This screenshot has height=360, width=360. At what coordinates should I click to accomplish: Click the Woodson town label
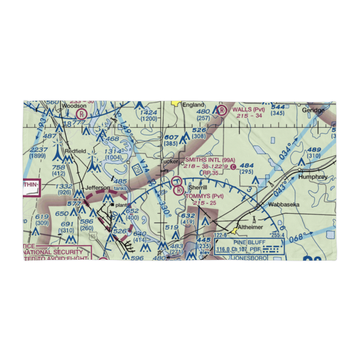74,106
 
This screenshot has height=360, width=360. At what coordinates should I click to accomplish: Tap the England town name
194,105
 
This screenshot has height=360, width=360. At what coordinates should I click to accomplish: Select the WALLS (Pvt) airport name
248,109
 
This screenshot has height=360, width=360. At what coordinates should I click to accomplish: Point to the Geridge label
313,110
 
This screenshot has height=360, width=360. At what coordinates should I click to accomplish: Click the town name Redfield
75,151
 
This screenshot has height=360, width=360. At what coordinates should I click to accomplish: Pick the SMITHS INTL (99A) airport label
210,160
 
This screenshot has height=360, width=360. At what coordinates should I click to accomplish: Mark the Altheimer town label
261,227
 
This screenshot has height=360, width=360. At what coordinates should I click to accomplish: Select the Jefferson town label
97,188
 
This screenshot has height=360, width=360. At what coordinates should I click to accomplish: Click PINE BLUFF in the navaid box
249,243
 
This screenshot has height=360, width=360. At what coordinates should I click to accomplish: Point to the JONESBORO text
250,258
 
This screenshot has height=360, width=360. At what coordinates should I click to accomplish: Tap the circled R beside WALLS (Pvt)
222,110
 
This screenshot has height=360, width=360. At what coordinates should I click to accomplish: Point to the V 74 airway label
144,169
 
